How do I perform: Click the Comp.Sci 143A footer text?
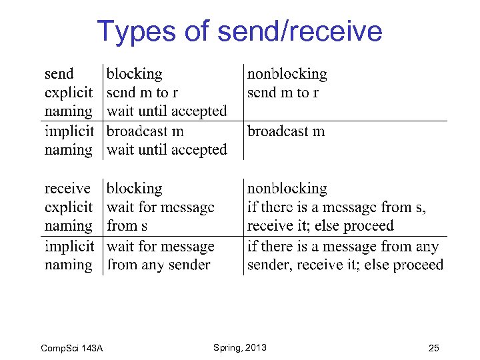point(71,348)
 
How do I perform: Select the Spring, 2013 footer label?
point(239,347)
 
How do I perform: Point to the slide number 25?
point(434,348)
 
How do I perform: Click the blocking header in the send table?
point(134,73)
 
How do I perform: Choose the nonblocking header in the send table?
point(287,73)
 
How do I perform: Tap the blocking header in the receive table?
point(134,188)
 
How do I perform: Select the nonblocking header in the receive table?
point(287,188)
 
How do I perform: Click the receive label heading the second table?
point(67,188)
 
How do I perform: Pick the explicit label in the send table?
point(69,93)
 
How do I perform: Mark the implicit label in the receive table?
point(69,246)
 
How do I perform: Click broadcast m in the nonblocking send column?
point(286,131)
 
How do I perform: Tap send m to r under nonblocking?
point(283,93)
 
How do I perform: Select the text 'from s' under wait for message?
point(127,226)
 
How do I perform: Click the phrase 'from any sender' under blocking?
point(158,265)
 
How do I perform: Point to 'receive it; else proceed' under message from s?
point(320,226)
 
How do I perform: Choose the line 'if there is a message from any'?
point(343,246)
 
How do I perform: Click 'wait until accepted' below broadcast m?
point(167,150)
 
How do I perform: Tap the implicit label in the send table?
point(69,131)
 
